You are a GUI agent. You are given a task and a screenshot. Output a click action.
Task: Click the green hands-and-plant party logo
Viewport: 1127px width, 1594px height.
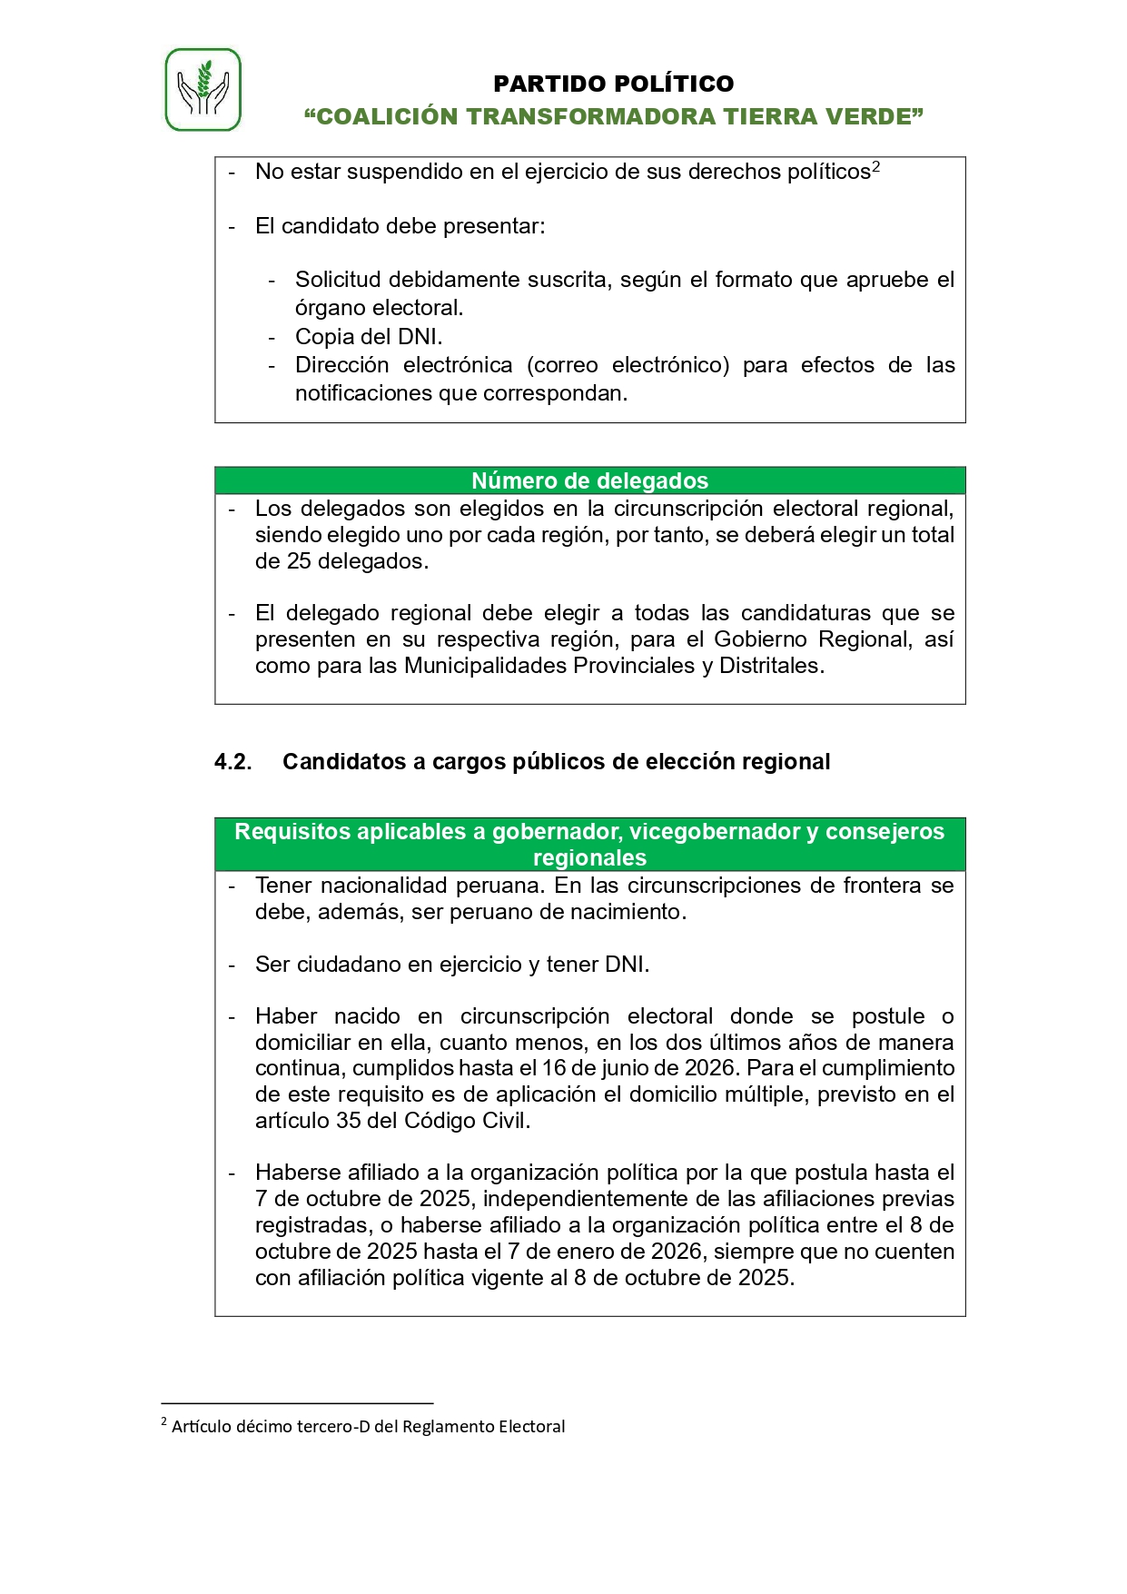pos(203,90)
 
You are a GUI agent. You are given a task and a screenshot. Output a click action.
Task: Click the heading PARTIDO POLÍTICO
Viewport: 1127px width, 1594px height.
pos(613,84)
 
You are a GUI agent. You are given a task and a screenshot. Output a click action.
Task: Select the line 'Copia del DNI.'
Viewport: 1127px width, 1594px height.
pos(369,337)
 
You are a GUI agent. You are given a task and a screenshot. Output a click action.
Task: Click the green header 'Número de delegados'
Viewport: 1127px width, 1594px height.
pos(589,480)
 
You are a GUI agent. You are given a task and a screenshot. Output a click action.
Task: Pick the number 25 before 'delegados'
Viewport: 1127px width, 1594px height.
pos(299,561)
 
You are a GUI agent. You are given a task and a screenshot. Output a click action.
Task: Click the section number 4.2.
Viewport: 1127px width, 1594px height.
pos(232,762)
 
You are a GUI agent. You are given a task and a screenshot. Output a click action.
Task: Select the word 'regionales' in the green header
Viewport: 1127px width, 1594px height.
pos(589,858)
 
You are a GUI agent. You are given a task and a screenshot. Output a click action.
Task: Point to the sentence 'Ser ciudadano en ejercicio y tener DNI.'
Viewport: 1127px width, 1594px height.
pos(452,965)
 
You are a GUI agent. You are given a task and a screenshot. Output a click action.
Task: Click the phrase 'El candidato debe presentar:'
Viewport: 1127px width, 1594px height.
pos(400,226)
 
